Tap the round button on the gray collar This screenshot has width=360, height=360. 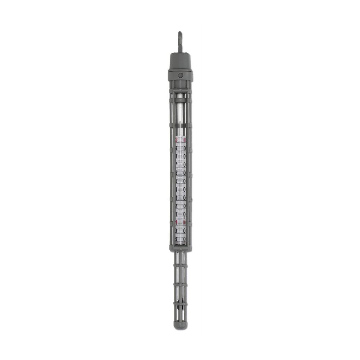coord(180,76)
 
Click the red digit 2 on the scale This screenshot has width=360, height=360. coord(176,140)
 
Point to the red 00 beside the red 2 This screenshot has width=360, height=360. coord(184,140)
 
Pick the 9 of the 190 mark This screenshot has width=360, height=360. coord(176,148)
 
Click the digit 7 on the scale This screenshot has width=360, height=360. coord(176,165)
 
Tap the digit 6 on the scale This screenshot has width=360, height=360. coord(176,173)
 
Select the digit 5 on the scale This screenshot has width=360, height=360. coord(176,181)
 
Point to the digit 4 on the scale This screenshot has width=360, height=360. coord(176,190)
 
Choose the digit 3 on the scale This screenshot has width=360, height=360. coord(176,198)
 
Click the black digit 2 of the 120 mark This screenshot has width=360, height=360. coord(176,206)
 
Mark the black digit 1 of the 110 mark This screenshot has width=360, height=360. coord(176,214)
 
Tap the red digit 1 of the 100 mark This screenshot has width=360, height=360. coord(176,223)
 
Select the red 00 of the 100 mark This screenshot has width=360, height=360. coord(184,223)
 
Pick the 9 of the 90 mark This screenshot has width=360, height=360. coord(176,231)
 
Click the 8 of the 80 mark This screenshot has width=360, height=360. coord(176,239)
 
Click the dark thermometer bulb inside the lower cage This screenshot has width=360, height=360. coord(180,309)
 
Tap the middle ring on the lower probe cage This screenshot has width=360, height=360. coord(180,284)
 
